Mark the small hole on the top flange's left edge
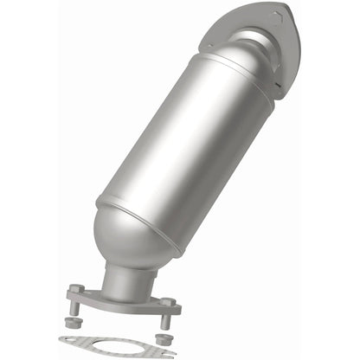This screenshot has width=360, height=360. point(209,45)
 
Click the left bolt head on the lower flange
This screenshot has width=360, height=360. point(76,290)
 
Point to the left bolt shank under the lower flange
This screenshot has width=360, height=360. point(75,308)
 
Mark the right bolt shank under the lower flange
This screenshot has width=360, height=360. point(166,320)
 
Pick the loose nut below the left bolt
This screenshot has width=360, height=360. point(74,322)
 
